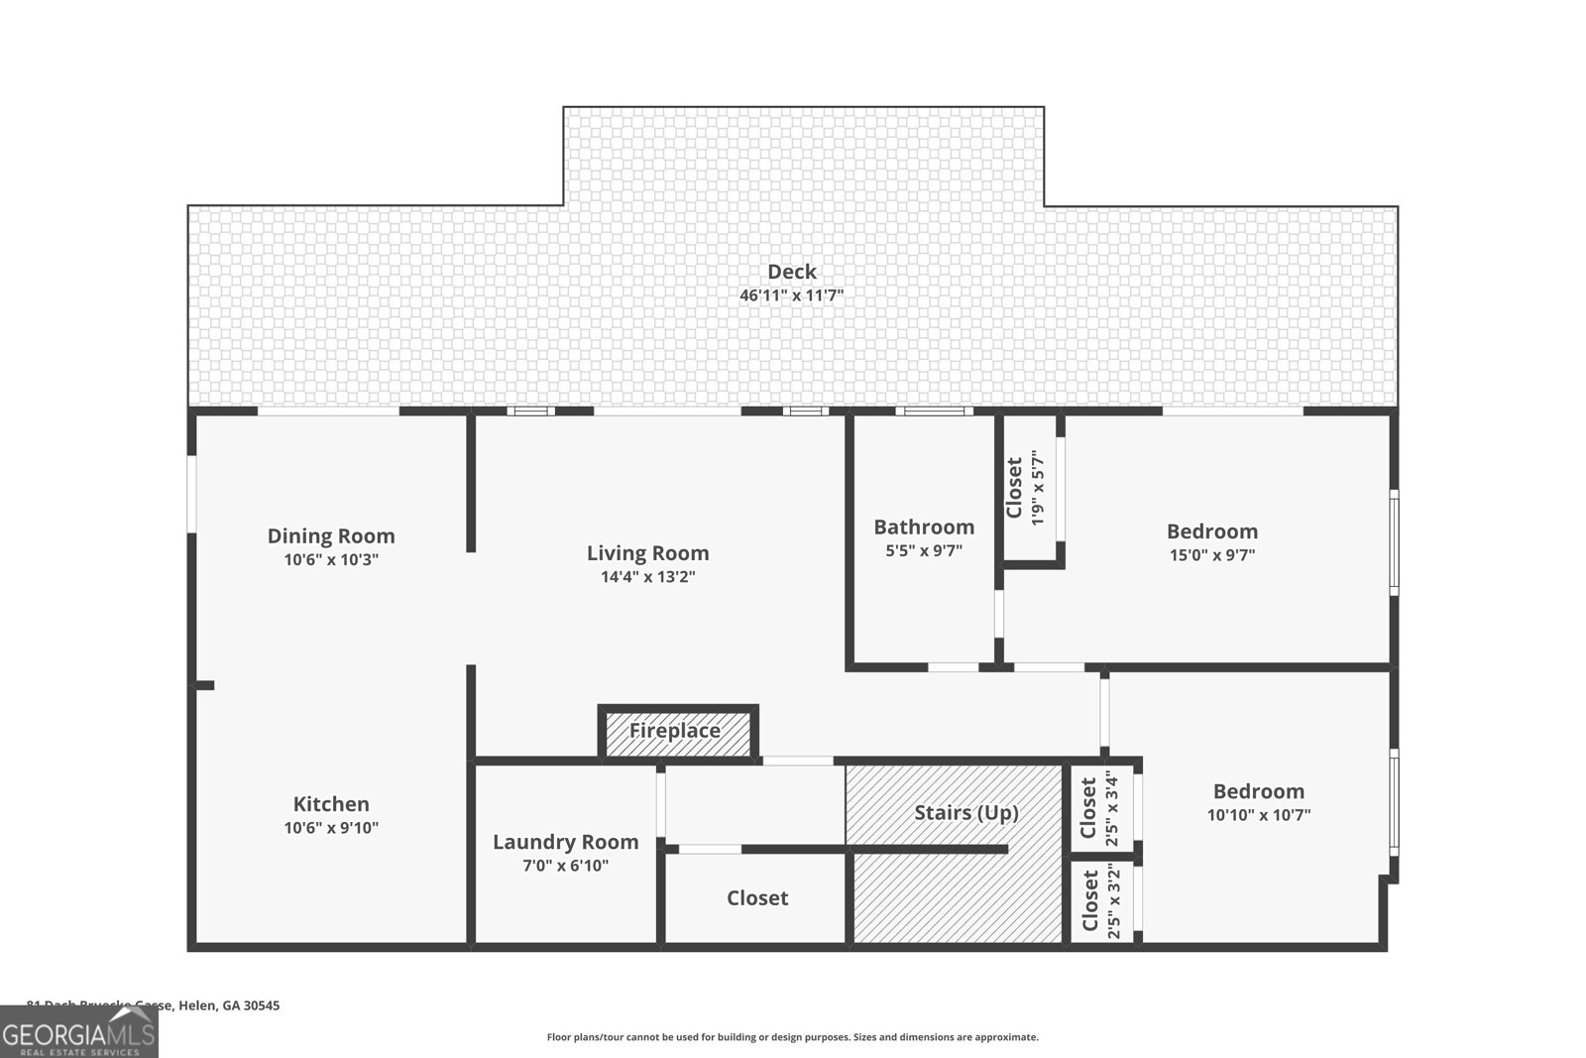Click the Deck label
pos(791,272)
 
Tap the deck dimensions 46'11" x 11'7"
pos(791,295)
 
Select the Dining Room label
pos(331,536)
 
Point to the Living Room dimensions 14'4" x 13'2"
pos(647,577)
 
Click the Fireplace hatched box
pos(677,732)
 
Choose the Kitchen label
pos(331,804)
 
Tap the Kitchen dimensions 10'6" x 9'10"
pos(331,828)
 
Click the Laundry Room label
pos(565,842)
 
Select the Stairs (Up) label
pos(965,813)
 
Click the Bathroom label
pos(924,528)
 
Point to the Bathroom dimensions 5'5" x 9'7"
pos(924,551)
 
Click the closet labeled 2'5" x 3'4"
pos(1100,809)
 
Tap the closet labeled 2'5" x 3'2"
pos(1100,902)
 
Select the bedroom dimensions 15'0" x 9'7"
pos(1211,555)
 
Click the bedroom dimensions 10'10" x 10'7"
pos(1258,815)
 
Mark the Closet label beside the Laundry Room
pos(757,898)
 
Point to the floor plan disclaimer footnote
pos(792,1037)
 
